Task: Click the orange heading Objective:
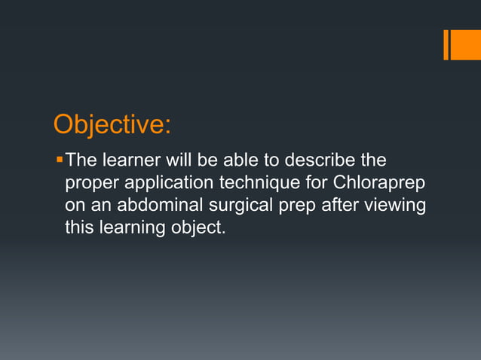pyautogui.click(x=111, y=124)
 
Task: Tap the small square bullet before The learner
pyautogui.click(x=60, y=160)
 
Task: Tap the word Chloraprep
pyautogui.click(x=381, y=183)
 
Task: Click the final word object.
pyautogui.click(x=199, y=227)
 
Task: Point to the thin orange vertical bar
pyautogui.click(x=446, y=44)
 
